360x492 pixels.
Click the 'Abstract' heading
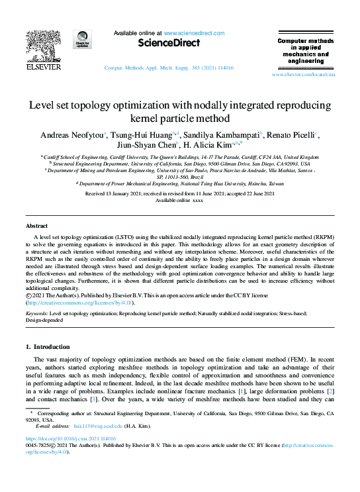click(x=36, y=226)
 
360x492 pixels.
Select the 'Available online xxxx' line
click(x=179, y=200)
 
